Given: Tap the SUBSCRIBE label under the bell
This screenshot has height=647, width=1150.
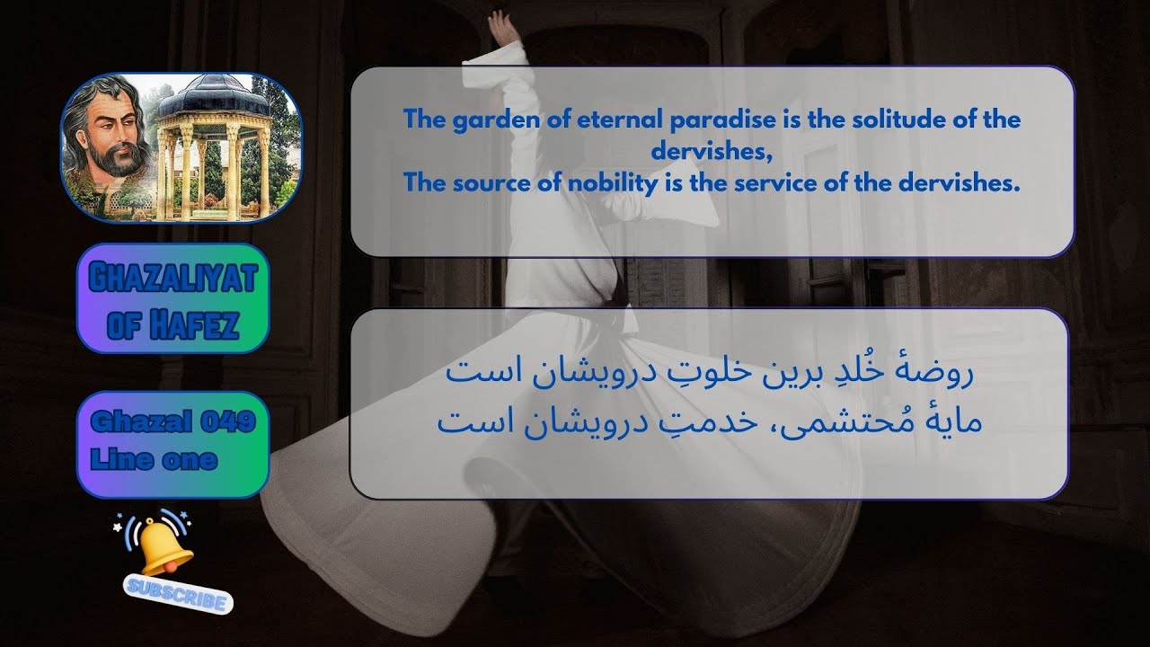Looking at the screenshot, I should point(178,595).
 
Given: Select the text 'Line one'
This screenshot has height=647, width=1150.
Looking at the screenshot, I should point(154,460).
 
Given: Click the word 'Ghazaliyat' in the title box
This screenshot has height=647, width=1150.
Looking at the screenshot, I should point(172,279).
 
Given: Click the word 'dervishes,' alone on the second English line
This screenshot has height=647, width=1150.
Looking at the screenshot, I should point(712,152).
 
